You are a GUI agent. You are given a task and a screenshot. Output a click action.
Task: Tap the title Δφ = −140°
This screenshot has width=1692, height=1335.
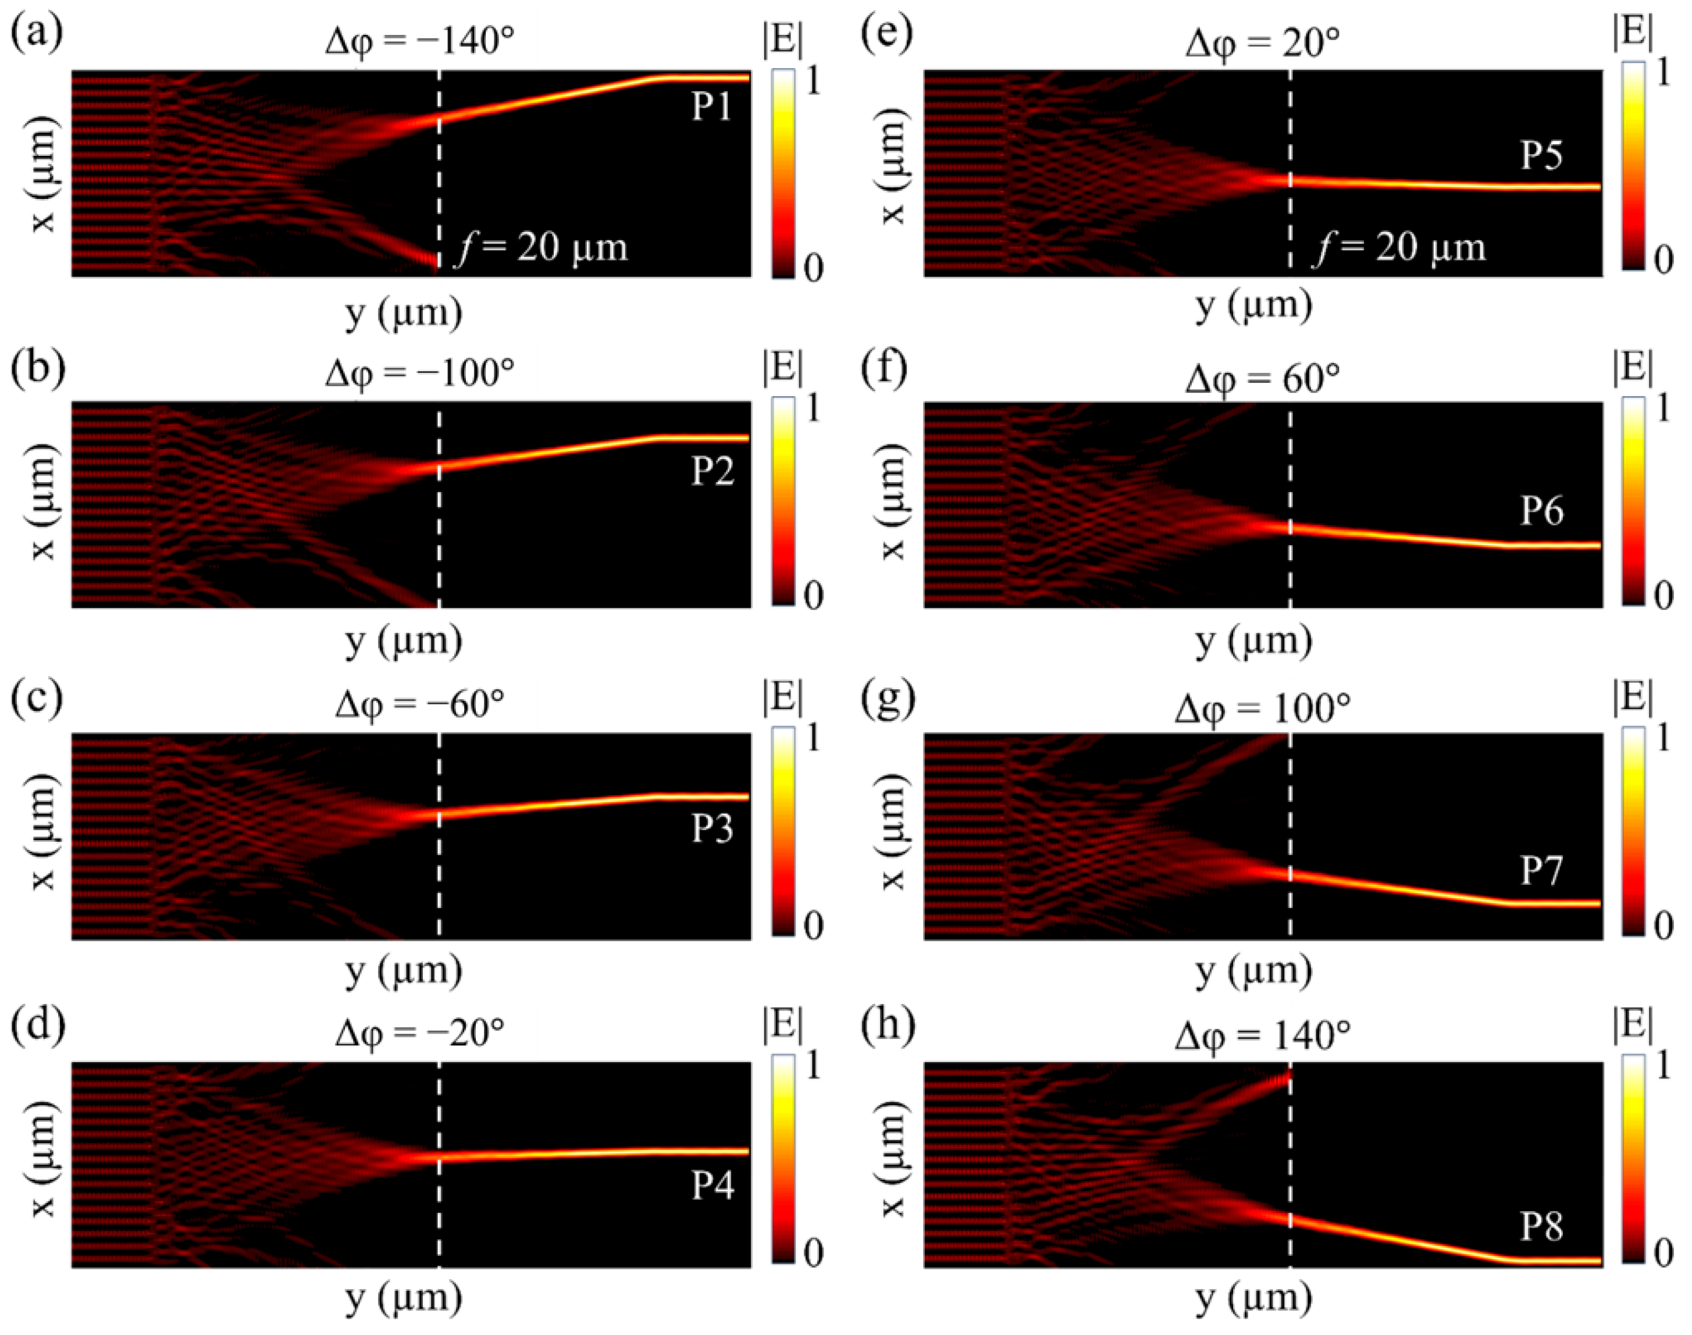420,40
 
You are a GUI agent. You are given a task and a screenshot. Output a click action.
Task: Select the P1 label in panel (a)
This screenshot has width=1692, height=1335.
711,107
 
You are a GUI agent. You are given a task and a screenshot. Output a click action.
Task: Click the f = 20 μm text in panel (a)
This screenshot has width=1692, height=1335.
542,247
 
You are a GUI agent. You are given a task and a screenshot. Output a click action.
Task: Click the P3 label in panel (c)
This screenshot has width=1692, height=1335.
712,828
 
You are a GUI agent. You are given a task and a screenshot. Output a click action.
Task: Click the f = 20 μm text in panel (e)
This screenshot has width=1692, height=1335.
1399,247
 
